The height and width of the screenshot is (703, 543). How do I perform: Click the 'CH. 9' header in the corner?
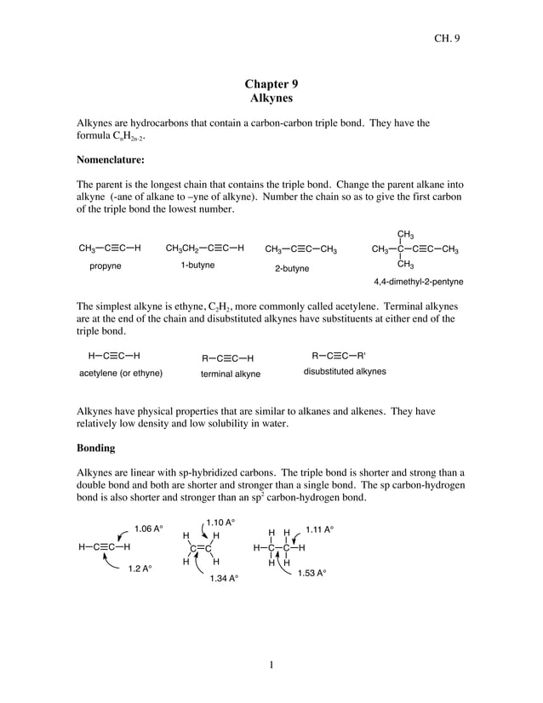[446, 37]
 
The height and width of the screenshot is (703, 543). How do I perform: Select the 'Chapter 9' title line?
[271, 83]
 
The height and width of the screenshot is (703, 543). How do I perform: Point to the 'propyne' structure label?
[106, 266]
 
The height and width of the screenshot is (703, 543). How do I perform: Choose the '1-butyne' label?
[197, 266]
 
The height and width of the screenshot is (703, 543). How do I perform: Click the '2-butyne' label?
[292, 268]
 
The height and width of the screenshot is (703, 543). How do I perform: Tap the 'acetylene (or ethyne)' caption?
[121, 373]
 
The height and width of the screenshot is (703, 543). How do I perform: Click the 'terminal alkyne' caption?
[231, 374]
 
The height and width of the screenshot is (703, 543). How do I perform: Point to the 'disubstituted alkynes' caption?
[345, 372]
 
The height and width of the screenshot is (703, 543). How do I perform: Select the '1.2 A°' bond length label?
[140, 568]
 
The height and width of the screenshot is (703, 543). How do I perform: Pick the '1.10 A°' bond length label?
[220, 521]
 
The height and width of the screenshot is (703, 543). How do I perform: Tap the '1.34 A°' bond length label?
[224, 579]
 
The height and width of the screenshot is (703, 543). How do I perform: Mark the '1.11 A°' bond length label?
[320, 529]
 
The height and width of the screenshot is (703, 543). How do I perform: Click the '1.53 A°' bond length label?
[312, 574]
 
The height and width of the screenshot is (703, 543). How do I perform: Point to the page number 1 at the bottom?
[271, 665]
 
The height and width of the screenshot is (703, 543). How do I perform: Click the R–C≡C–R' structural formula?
[339, 356]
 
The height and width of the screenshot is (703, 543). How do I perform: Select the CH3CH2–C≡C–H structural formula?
[205, 249]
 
